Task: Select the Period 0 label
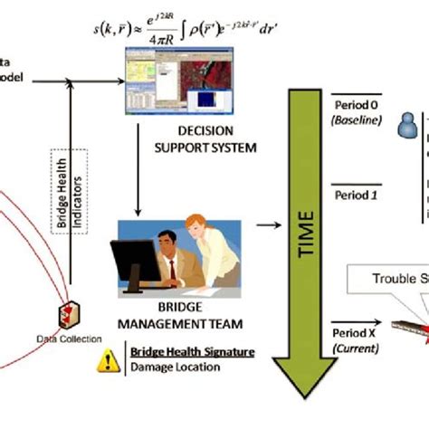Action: coord(349,105)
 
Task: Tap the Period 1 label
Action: coord(349,195)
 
